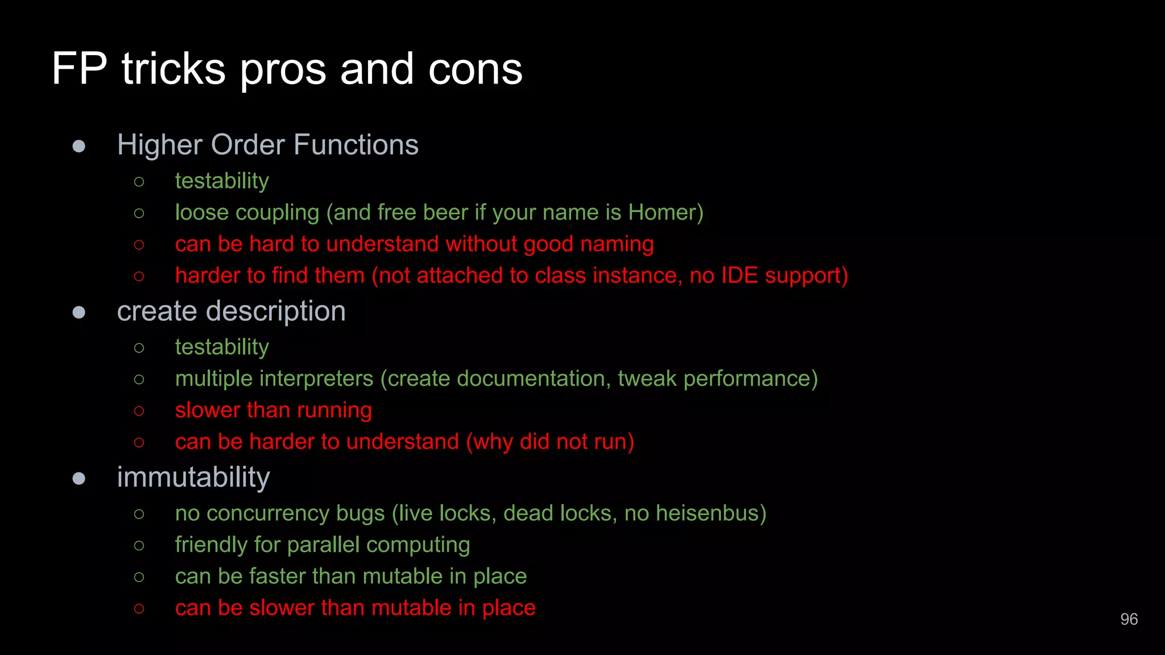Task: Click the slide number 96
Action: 1129,619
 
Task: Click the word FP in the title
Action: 79,69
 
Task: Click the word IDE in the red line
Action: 740,276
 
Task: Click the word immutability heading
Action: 193,478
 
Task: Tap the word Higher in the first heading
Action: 159,146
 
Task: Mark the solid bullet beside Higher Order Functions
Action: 79,146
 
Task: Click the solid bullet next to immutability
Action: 79,478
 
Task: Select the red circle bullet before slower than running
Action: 139,411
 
